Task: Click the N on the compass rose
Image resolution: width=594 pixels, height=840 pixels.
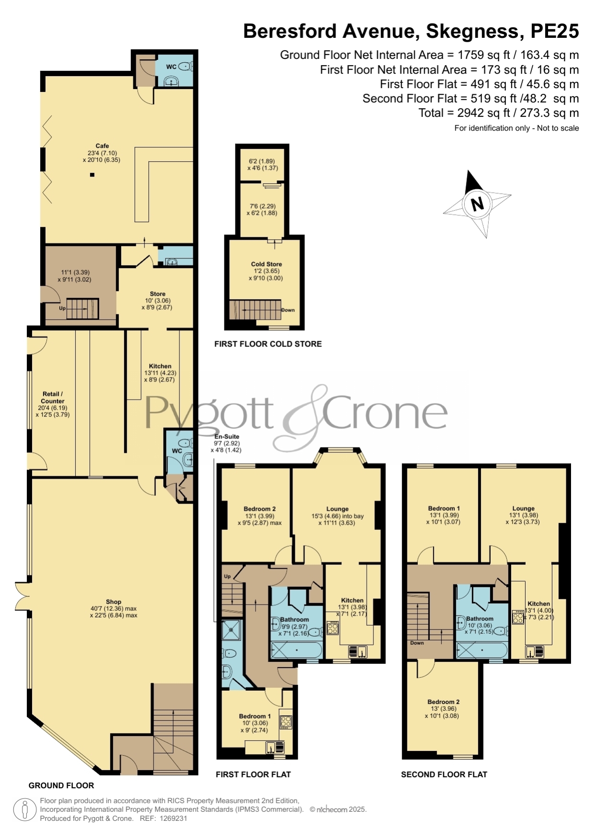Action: [477, 204]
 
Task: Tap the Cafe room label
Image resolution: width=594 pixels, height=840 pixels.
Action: [102, 146]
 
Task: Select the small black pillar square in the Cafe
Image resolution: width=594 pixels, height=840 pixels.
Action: [92, 175]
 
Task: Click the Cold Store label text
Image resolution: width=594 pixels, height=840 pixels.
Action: [267, 264]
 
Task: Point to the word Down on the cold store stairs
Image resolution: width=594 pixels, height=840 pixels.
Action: [288, 310]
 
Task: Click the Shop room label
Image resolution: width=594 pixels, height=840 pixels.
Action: [113, 602]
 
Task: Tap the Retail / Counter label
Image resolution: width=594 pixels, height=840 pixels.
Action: [53, 398]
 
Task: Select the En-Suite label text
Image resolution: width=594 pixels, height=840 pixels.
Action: [226, 437]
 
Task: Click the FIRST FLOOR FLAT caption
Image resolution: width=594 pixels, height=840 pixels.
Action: [253, 774]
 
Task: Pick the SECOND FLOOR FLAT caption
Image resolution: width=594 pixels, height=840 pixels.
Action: [444, 774]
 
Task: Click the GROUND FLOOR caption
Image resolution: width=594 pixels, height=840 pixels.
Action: [61, 785]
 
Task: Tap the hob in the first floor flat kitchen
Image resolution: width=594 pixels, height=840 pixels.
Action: [333, 628]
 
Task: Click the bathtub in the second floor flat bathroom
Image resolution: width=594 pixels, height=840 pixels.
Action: [482, 650]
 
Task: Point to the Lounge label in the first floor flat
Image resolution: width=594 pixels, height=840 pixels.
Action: [337, 509]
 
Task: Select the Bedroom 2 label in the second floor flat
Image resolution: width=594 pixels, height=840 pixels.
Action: [444, 702]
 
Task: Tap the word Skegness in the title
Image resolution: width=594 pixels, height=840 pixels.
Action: [472, 31]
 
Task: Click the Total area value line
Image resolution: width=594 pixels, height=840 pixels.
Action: [499, 113]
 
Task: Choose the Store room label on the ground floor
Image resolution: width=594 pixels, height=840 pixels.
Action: [157, 294]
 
